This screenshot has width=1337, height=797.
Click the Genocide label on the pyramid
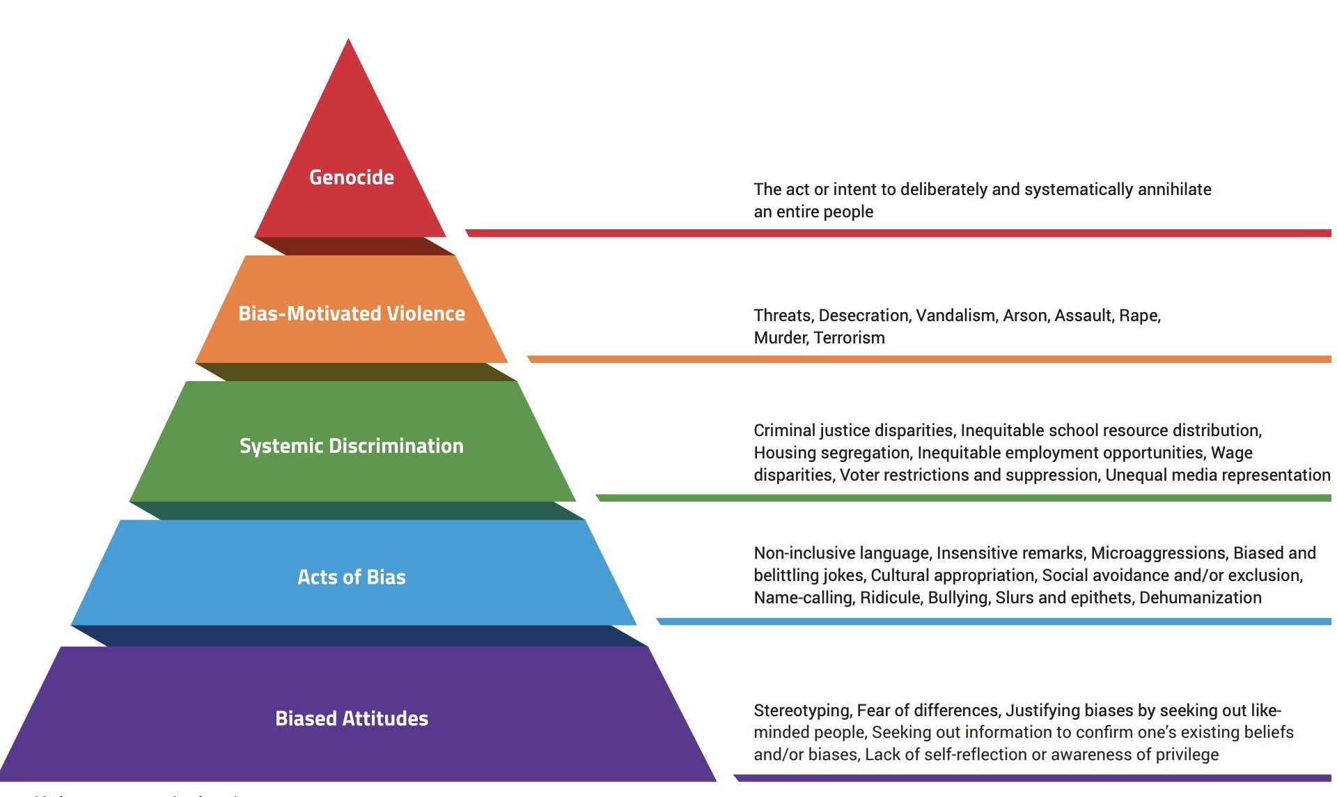[x=352, y=178]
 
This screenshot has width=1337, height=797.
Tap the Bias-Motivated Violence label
[x=352, y=314]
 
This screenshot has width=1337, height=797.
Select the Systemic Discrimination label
[x=352, y=446]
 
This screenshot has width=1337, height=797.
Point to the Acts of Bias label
[x=352, y=577]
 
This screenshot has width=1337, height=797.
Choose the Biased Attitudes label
[x=352, y=718]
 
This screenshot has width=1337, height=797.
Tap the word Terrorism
[x=849, y=338]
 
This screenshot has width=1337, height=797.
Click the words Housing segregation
[x=832, y=453]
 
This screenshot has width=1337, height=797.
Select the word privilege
[x=1187, y=755]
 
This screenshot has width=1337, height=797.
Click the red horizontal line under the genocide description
[x=898, y=233]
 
